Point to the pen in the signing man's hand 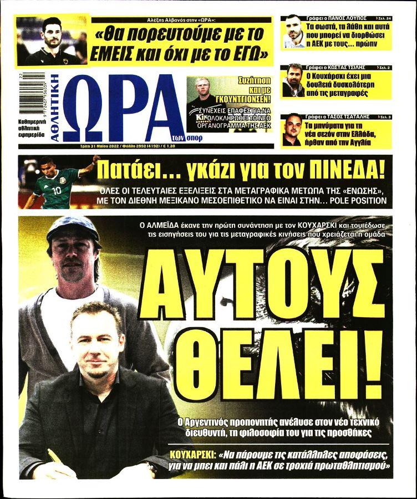pyautogui.click(x=55, y=457)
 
